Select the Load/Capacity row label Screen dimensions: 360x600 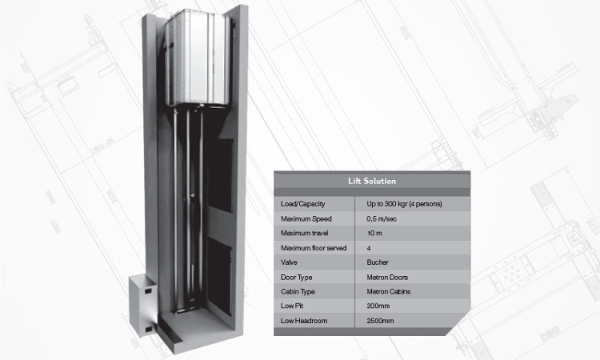pos(301,204)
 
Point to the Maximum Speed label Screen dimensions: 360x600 pos(304,218)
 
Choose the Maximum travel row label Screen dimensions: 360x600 pos(305,233)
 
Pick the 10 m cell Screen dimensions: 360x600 pos(375,233)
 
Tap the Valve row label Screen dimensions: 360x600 pos(290,262)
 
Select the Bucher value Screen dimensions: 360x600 pos(378,262)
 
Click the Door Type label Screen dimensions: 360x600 pos(297,277)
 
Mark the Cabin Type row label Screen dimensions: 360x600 pos(298,291)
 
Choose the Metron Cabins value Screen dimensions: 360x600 pos(389,291)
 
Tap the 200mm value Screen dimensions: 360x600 pos(378,306)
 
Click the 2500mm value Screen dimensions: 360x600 pos(380,320)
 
